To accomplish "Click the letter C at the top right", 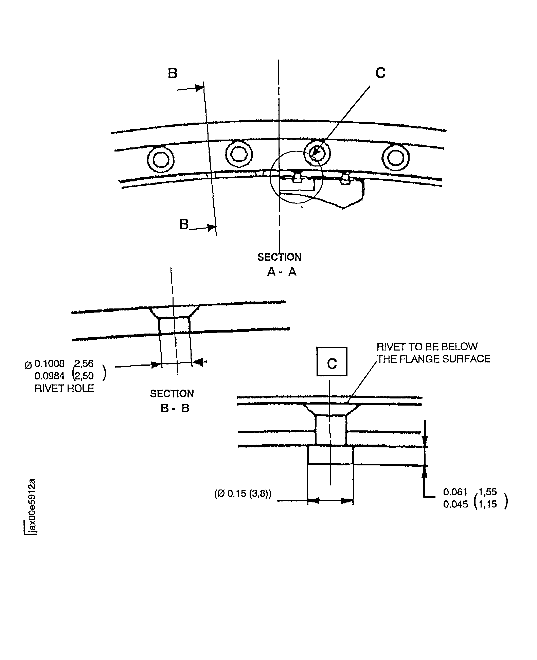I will [380, 73].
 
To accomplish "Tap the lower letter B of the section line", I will [184, 224].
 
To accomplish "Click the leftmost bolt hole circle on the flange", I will [161, 160].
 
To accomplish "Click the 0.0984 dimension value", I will [50, 376].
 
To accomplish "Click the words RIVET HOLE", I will [64, 388].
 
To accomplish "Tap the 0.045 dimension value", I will [455, 504].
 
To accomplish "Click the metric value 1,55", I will [487, 492].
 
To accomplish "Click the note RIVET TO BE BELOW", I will [427, 347].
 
